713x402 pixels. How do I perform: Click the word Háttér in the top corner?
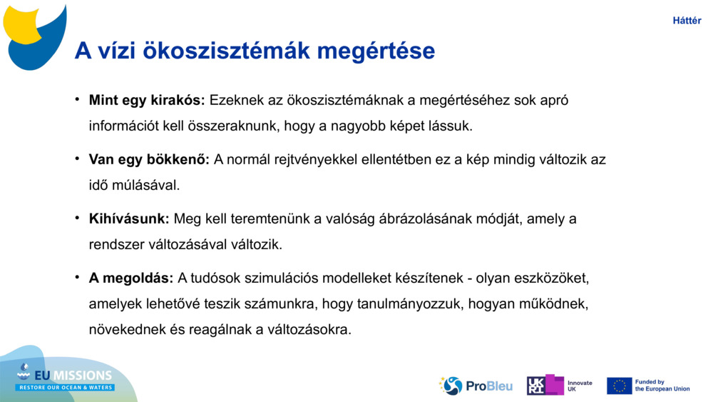pyautogui.click(x=687, y=21)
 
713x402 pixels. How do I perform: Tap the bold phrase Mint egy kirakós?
pyautogui.click(x=147, y=101)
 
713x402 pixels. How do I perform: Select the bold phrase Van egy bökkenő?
pyautogui.click(x=149, y=160)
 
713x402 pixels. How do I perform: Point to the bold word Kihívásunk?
pyautogui.click(x=129, y=219)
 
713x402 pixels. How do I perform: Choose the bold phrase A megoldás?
pyautogui.click(x=131, y=278)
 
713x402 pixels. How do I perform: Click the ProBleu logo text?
pyautogui.click(x=488, y=386)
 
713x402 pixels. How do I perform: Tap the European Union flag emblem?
pyautogui.click(x=619, y=386)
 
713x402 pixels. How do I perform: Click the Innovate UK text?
pyautogui.click(x=580, y=386)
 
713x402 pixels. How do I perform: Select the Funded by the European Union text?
pyautogui.click(x=662, y=386)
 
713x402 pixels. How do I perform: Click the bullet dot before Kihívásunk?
pyautogui.click(x=77, y=218)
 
